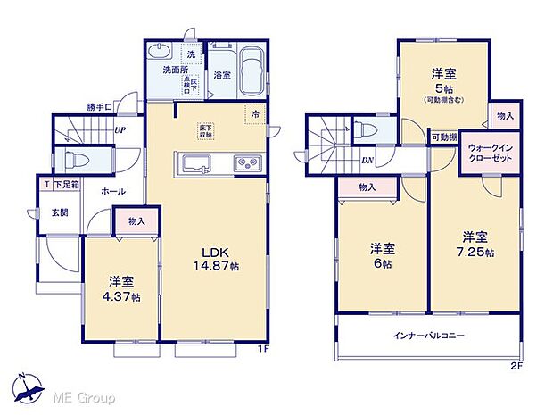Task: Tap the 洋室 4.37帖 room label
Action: pos(123,289)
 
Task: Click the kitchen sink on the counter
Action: pos(195,164)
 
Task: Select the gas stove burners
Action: pos(246,163)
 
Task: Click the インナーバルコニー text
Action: pos(428,336)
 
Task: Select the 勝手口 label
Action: pos(100,108)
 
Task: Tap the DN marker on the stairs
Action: pos(368,161)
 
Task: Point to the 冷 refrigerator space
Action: pos(254,113)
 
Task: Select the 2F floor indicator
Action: pos(515,365)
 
